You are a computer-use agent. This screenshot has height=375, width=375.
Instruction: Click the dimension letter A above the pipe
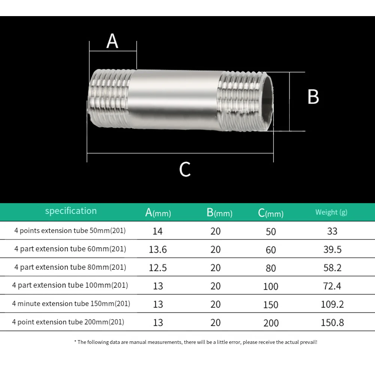coord(112,42)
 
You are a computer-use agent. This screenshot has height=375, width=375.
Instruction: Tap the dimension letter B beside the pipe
coord(313,97)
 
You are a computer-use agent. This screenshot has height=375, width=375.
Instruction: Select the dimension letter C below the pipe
coord(185,169)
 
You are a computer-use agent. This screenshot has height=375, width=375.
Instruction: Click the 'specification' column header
coord(71,211)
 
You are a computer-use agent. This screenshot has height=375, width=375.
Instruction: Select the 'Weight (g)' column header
coord(331,212)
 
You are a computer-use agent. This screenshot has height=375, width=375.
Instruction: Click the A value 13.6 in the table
coord(158,250)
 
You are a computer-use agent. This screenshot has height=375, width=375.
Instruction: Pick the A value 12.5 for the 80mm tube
coord(158,268)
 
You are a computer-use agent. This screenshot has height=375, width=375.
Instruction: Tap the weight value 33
coord(332,231)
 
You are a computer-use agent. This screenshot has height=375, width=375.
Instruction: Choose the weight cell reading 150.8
coord(332,323)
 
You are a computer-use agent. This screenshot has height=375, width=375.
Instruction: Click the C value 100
coord(270,287)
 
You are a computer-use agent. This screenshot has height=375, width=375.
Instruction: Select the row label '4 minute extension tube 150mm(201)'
coord(71,303)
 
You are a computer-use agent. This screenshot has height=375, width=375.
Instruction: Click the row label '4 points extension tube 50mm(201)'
coord(70,230)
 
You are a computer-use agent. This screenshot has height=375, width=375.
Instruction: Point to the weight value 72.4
coord(332,286)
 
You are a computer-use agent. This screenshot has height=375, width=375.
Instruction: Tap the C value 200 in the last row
coord(271,323)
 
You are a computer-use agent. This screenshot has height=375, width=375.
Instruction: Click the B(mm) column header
coord(220,213)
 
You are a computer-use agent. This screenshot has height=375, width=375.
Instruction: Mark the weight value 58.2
coord(332,268)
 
